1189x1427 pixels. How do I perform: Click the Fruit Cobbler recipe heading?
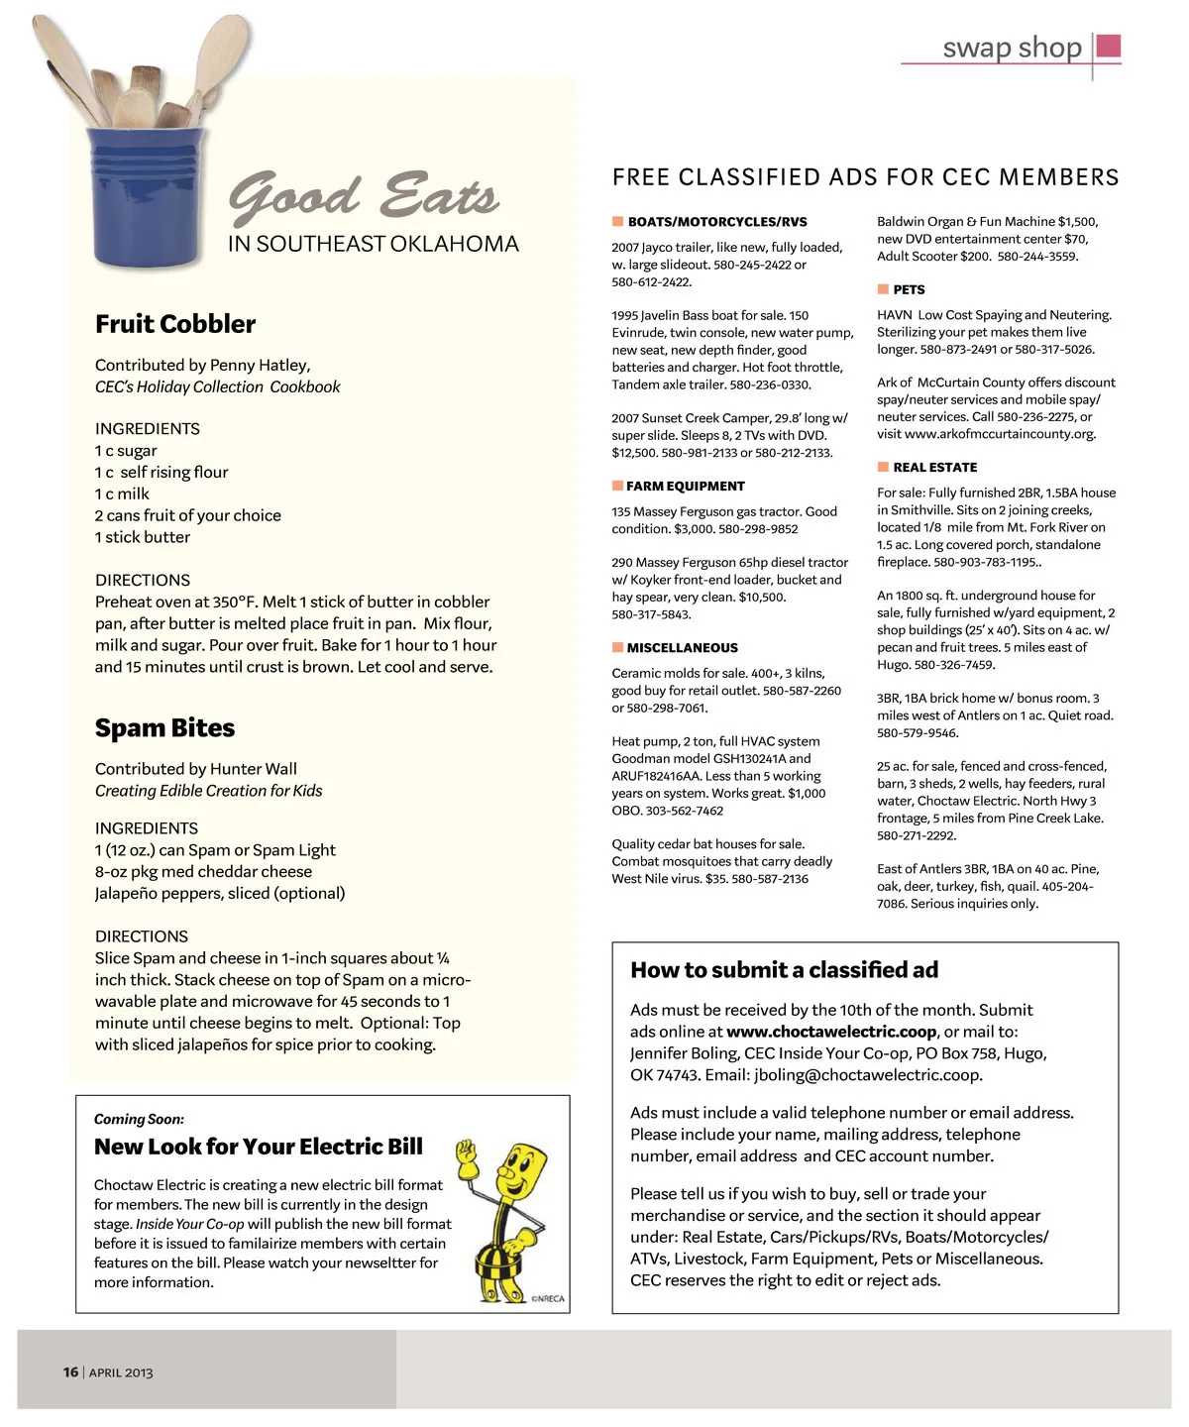[175, 324]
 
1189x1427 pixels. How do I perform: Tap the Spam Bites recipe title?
[164, 727]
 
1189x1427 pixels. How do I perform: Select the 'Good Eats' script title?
[364, 194]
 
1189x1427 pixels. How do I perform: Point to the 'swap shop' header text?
[1012, 48]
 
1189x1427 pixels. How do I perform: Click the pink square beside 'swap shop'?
[1110, 46]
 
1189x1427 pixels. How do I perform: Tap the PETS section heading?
[909, 289]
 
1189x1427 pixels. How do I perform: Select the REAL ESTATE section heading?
[934, 467]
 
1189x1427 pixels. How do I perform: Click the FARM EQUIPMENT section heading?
[686, 486]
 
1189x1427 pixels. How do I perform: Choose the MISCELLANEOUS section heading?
[682, 647]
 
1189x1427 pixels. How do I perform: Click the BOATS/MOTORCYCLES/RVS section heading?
[717, 222]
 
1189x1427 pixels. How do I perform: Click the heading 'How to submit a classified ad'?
[784, 970]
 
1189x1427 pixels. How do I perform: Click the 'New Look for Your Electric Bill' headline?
[259, 1147]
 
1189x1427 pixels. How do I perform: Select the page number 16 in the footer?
[70, 1372]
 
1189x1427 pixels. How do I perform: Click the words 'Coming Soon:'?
[139, 1119]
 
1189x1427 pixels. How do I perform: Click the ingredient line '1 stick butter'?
[143, 537]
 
